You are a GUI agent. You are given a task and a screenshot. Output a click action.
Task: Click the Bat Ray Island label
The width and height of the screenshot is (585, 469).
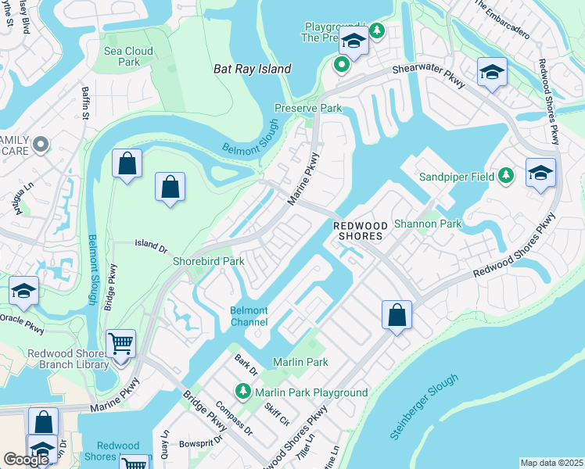(x=252, y=69)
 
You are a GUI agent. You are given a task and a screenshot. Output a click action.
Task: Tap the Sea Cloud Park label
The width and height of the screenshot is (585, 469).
(x=128, y=56)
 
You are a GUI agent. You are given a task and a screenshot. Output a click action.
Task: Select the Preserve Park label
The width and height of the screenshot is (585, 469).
(x=307, y=108)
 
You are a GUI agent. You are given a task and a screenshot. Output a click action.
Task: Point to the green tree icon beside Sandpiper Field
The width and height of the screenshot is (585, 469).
(x=506, y=176)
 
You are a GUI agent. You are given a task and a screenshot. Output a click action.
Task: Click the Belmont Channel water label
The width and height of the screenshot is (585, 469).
(x=249, y=317)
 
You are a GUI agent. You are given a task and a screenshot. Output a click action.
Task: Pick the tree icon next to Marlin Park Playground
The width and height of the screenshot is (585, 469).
(x=243, y=392)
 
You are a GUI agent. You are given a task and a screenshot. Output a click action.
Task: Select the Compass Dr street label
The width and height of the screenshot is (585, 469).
(x=236, y=419)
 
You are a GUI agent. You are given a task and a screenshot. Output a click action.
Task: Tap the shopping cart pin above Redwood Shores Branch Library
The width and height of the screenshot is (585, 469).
(x=120, y=343)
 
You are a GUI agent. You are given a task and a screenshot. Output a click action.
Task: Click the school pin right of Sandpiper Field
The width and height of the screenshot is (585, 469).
(x=540, y=173)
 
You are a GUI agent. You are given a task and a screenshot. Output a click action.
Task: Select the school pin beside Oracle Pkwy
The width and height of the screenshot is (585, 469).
(x=24, y=292)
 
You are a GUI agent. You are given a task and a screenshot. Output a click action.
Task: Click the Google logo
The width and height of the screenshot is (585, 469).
(x=27, y=460)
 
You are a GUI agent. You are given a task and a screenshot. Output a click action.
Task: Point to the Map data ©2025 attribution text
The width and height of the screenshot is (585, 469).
(x=551, y=463)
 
